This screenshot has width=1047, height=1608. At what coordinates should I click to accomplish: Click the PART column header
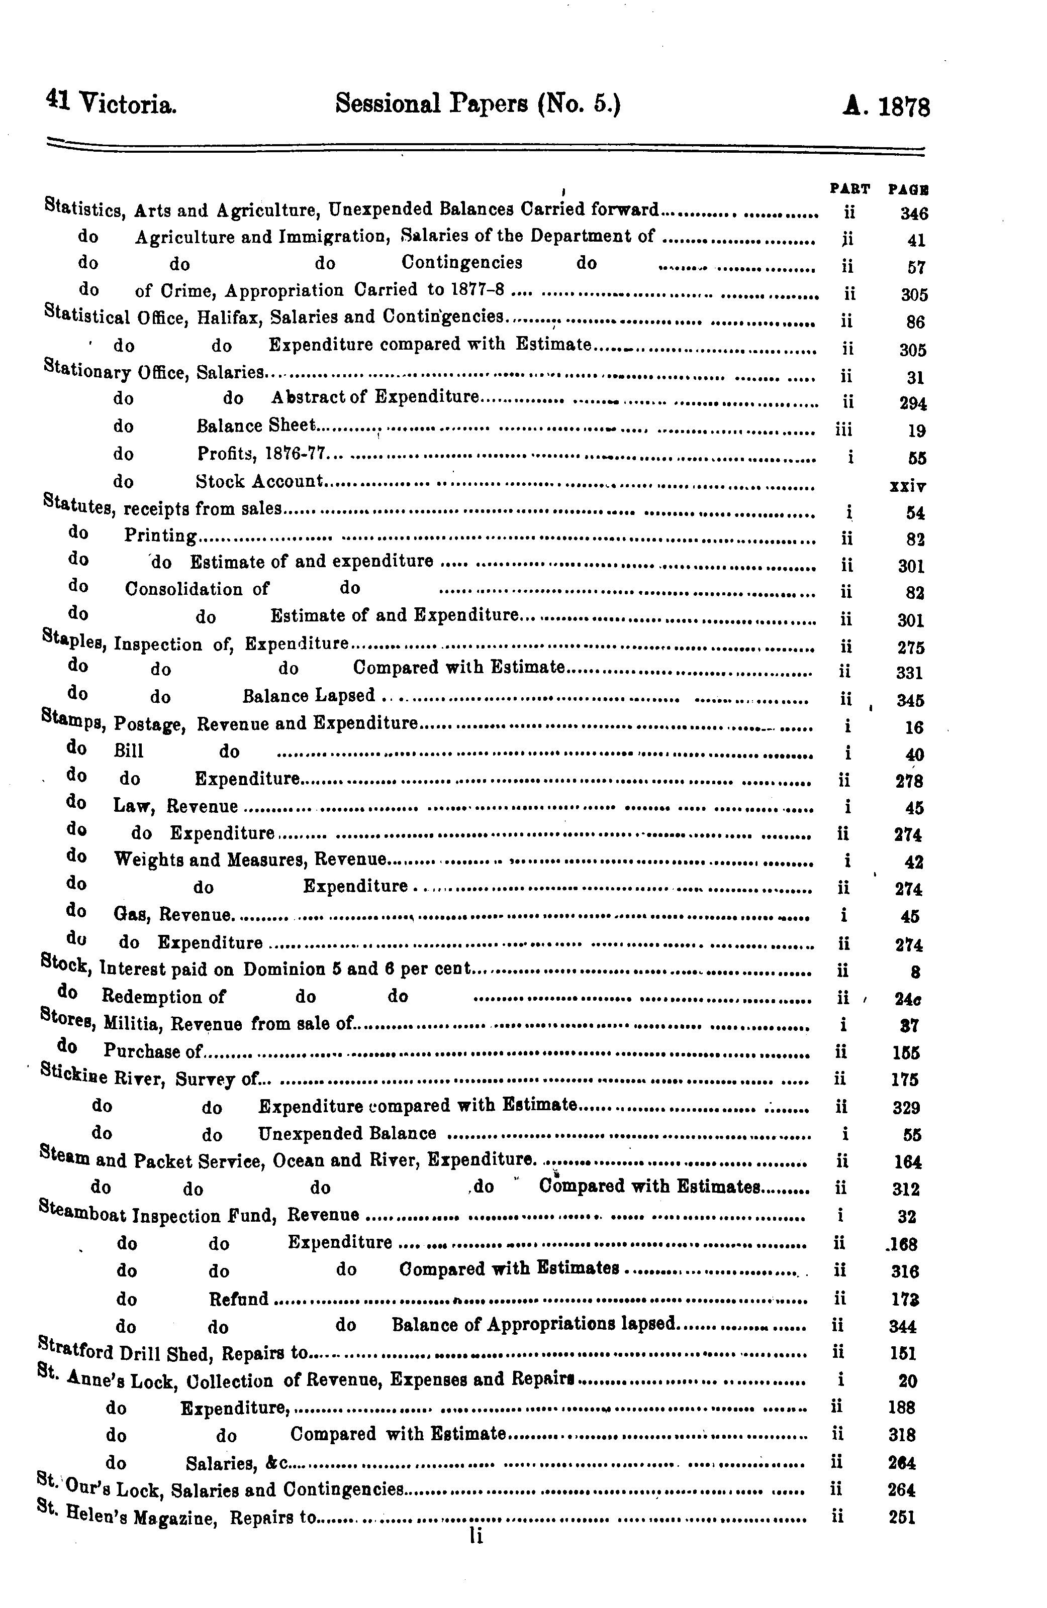pyautogui.click(x=849, y=189)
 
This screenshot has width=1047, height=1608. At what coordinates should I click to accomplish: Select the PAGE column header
pyautogui.click(x=908, y=190)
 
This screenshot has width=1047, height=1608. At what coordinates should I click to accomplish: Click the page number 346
pyautogui.click(x=914, y=214)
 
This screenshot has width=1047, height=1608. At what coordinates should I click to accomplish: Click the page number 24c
pyautogui.click(x=907, y=999)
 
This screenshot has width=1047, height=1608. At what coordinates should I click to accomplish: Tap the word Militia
pyautogui.click(x=131, y=1024)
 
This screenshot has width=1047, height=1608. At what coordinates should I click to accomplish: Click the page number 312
pyautogui.click(x=906, y=1189)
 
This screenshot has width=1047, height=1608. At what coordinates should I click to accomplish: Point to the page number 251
pyautogui.click(x=902, y=1518)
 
